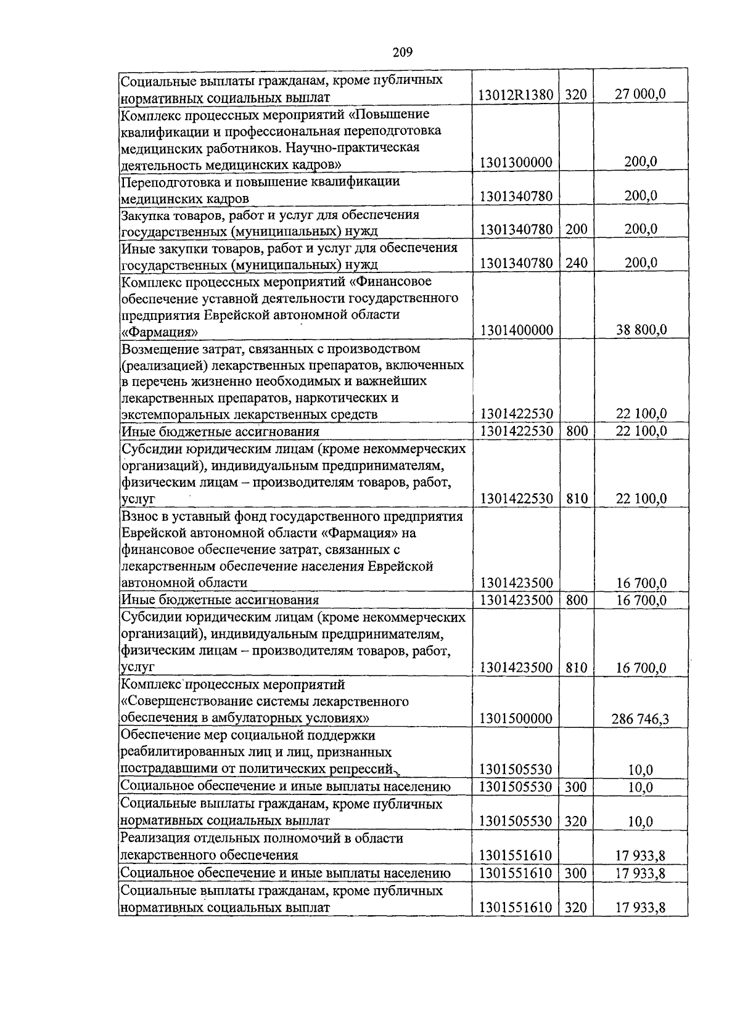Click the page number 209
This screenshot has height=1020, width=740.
tap(402, 52)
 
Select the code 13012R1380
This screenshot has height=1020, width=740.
tap(516, 95)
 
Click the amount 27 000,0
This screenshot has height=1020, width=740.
tap(641, 94)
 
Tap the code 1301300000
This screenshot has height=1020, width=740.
tap(516, 163)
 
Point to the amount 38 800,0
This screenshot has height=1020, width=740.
tap(641, 330)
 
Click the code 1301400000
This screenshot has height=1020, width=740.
tap(516, 330)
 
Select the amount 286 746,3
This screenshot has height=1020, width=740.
tap(640, 719)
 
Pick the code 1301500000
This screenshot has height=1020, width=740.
tap(516, 719)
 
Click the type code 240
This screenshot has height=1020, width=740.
tap(576, 263)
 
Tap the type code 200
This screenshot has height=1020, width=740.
tap(576, 229)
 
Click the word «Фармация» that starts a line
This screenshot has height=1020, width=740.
tap(159, 332)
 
